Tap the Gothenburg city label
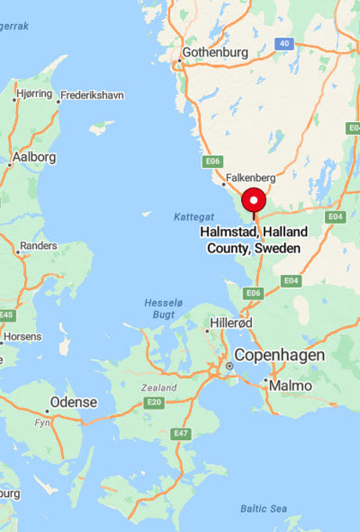(215, 53)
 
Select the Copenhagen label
(279, 355)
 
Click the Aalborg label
(34, 157)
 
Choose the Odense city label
(74, 403)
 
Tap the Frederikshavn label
(92, 95)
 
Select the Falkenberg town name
(247, 178)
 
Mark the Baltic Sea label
(264, 509)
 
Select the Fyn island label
(41, 422)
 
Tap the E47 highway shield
(181, 433)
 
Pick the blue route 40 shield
(283, 44)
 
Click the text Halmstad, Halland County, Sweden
(254, 240)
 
